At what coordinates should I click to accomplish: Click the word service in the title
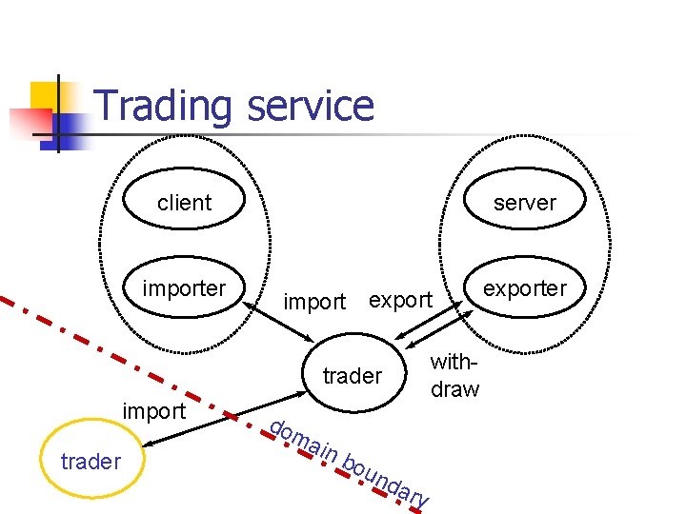pyautogui.click(x=310, y=107)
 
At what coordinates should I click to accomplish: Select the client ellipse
pyautogui.click(x=185, y=203)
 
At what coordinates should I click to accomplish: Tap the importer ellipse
pyautogui.click(x=185, y=288)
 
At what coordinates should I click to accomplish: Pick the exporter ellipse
pyautogui.click(x=524, y=288)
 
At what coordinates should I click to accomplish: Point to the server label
pyautogui.click(x=524, y=203)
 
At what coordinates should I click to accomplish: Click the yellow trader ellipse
pyautogui.click(x=91, y=463)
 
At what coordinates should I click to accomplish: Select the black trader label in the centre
pyautogui.click(x=352, y=376)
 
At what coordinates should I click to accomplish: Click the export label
pyautogui.click(x=400, y=300)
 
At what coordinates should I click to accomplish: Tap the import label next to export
pyautogui.click(x=314, y=302)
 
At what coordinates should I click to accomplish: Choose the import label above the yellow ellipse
pyautogui.click(x=154, y=411)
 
